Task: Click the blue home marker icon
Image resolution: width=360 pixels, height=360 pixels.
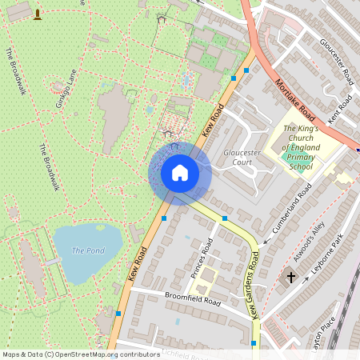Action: coord(180,173)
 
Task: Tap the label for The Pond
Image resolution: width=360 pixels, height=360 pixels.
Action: coord(88,250)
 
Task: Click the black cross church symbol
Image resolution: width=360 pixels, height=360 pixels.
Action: coord(290,277)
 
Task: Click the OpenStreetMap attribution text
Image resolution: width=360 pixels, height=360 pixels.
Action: coord(80,354)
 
